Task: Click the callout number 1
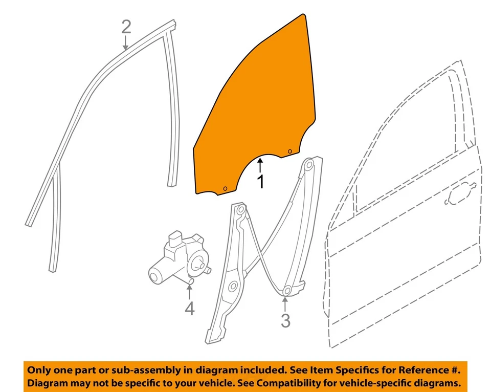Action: click(x=260, y=181)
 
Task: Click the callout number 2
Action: click(x=126, y=27)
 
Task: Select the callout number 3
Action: click(x=285, y=321)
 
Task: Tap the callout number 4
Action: click(x=189, y=309)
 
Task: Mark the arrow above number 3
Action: click(x=285, y=303)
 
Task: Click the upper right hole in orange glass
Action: click(x=289, y=151)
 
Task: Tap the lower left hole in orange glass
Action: click(x=225, y=189)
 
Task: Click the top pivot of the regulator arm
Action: click(x=308, y=165)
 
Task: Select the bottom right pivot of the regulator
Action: click(x=287, y=291)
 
